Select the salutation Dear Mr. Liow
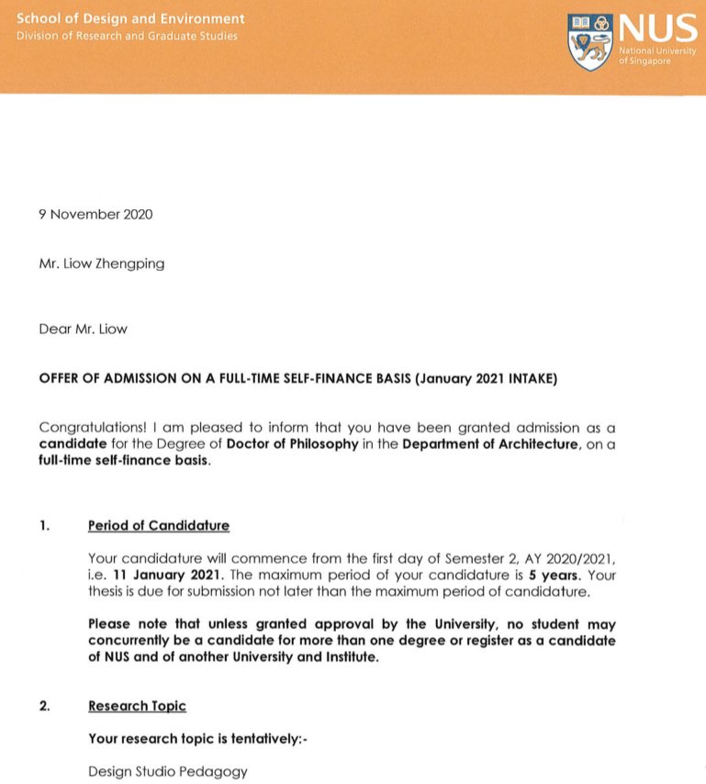(84, 329)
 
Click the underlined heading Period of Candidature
(159, 526)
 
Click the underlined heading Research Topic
(137, 706)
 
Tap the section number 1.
(44, 526)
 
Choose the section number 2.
(44, 706)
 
